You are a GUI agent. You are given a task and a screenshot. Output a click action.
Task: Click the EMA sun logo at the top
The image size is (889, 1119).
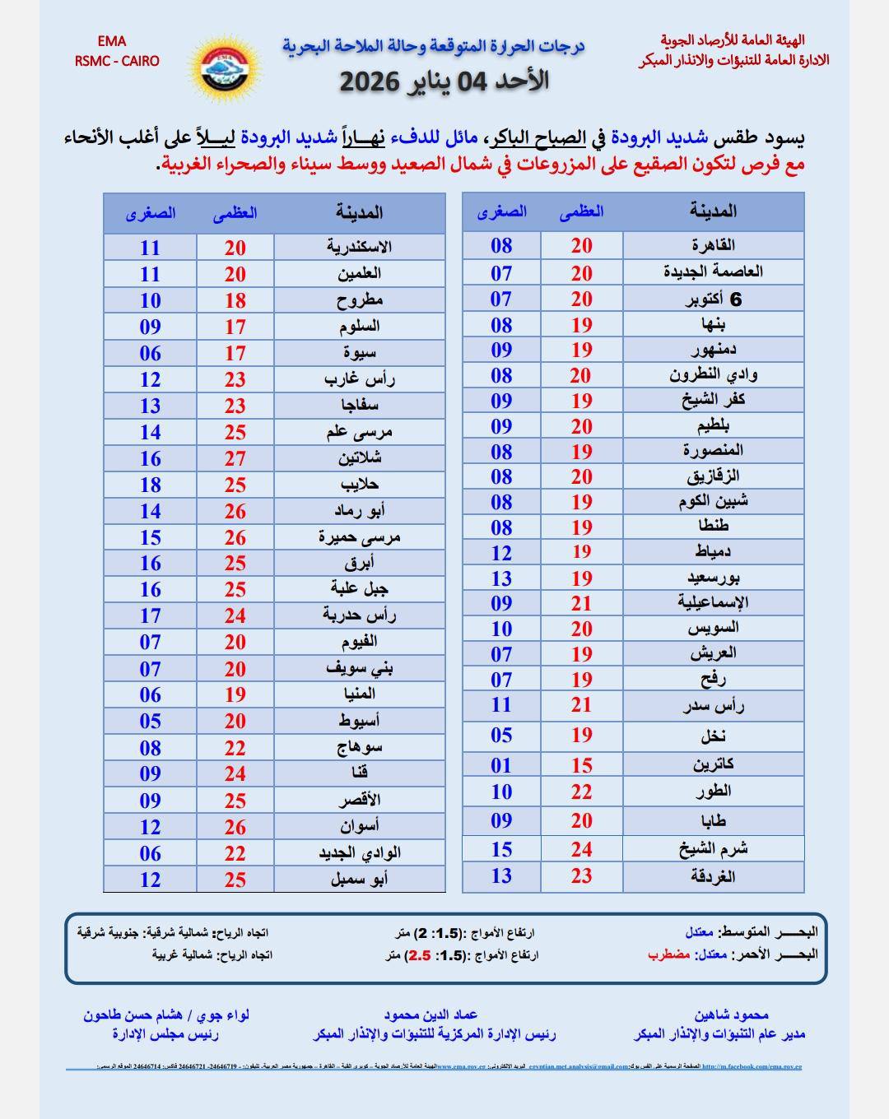tap(225, 67)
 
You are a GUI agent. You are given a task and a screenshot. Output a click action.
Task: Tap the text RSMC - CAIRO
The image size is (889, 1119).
tap(117, 61)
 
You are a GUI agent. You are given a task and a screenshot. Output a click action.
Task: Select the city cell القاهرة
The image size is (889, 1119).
tap(713, 245)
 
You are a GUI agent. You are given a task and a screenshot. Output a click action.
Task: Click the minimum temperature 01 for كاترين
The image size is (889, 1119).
tap(501, 765)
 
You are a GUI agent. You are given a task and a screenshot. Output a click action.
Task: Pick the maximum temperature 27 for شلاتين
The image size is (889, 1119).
tap(235, 458)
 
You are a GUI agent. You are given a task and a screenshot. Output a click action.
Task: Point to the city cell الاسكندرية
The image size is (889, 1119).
tap(359, 247)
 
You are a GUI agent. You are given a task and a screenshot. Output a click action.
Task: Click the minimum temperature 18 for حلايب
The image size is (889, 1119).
tap(150, 485)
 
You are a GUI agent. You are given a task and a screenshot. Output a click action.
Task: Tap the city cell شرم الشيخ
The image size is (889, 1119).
tap(713, 849)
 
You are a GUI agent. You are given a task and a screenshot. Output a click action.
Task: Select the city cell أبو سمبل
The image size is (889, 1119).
tap(359, 879)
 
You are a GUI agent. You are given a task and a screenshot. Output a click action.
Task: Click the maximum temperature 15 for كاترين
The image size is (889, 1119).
tap(582, 765)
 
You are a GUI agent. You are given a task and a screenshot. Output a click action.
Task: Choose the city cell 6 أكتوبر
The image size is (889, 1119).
tap(713, 299)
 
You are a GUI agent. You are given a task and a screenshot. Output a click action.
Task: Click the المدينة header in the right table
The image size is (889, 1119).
tap(713, 211)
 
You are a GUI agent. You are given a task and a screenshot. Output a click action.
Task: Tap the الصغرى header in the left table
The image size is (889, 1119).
tap(151, 213)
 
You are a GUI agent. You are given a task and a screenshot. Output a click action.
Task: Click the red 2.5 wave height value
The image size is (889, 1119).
tap(420, 955)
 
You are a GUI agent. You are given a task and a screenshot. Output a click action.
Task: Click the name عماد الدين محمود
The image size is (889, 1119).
tap(431, 1015)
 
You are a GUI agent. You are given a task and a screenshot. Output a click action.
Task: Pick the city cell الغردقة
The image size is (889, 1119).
tap(713, 876)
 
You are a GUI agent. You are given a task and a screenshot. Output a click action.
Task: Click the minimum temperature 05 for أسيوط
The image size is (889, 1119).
tap(150, 722)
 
